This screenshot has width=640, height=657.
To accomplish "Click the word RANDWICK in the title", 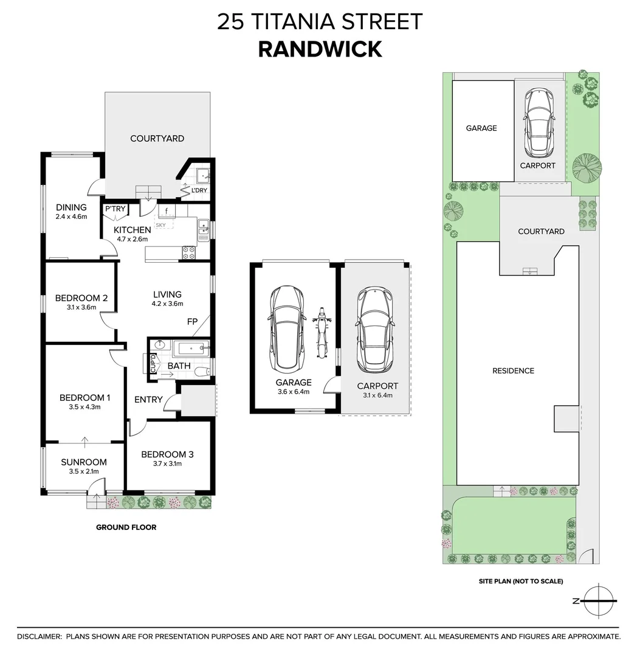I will point(320,49).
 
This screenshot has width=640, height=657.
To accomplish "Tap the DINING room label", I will point(71,207).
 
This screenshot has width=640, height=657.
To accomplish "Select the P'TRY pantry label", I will point(115,209).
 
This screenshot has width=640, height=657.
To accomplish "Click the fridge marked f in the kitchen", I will point(166,211).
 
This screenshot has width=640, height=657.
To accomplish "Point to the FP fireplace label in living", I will point(192,322).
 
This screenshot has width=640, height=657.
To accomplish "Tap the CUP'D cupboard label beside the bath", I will point(153,364).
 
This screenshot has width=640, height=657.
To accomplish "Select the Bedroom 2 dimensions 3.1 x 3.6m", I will point(81,308).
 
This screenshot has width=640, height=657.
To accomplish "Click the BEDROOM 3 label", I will point(167,454).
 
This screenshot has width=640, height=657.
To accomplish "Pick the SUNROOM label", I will point(83,462).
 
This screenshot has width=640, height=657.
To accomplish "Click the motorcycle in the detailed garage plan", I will point(322,336).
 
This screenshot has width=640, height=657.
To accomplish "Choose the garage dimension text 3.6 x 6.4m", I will point(294,392).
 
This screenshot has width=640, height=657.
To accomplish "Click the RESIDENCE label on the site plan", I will point(513,370).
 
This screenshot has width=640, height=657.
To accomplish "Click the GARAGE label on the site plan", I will point(481,128).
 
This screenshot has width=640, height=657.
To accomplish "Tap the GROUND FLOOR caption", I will point(126,527).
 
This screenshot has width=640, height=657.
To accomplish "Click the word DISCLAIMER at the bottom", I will point(39,636).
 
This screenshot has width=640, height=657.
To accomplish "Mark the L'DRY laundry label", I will point(199,191).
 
